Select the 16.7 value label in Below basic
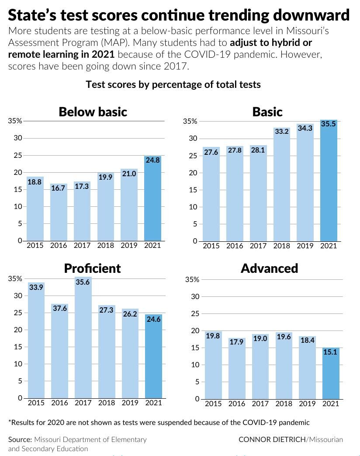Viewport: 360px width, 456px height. pyautogui.click(x=59, y=188)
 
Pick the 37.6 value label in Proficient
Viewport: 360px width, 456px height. pyautogui.click(x=60, y=308)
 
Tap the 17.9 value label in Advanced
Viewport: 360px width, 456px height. pyautogui.click(x=236, y=342)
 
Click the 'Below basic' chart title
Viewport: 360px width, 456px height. pyautogui.click(x=93, y=112)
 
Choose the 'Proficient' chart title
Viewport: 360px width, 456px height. pyautogui.click(x=92, y=268)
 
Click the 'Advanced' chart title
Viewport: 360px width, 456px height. pyautogui.click(x=269, y=268)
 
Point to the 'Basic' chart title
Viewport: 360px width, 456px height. pyautogui.click(x=267, y=112)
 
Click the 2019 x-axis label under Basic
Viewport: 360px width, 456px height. pyautogui.click(x=305, y=246)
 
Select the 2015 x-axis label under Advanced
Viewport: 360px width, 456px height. pyautogui.click(x=213, y=404)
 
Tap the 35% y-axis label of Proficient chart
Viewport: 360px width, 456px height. pyautogui.click(x=15, y=279)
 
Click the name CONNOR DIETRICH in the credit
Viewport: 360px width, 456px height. pyautogui.click(x=272, y=439)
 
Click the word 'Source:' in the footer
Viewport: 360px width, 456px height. pyautogui.click(x=20, y=439)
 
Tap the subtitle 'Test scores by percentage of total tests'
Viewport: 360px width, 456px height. pyautogui.click(x=173, y=84)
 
